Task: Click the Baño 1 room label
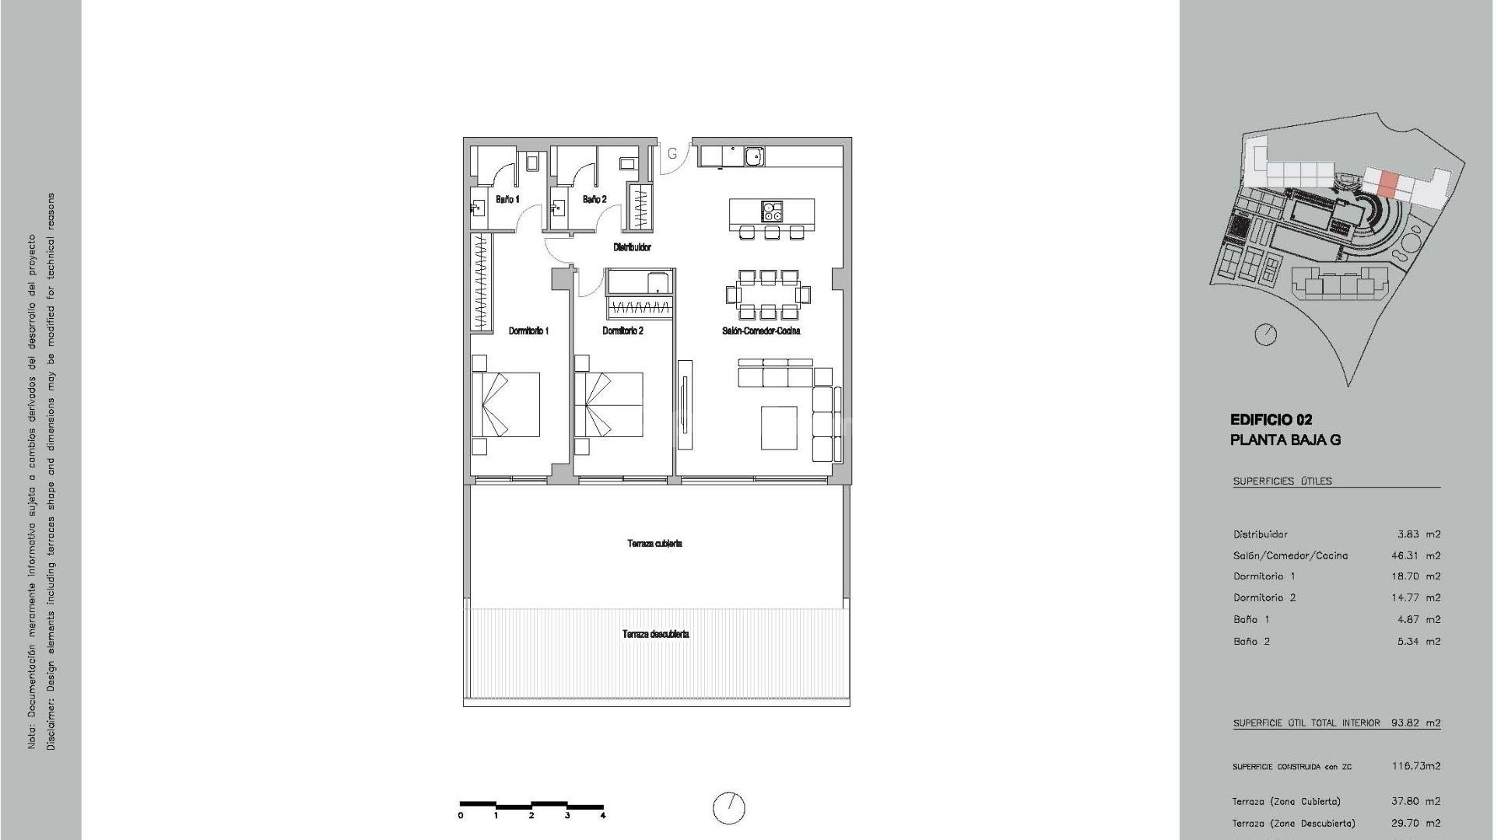coord(507,200)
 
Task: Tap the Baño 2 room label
coord(594,200)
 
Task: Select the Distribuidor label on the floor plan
coord(632,247)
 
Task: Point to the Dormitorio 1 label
coord(528,331)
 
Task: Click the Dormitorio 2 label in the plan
coord(622,331)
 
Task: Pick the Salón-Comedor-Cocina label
coord(761,331)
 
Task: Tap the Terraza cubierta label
coord(654,544)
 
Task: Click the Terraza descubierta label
coord(655,635)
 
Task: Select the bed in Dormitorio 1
coord(506,404)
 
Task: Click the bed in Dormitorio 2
coord(608,404)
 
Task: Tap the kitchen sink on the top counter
coord(753,156)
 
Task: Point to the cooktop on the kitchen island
coord(772,211)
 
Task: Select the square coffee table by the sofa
coord(778,428)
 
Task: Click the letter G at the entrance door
coord(673,153)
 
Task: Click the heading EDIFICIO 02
coord(1271,420)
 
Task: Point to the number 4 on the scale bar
coord(603,816)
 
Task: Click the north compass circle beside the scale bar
coord(728,808)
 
